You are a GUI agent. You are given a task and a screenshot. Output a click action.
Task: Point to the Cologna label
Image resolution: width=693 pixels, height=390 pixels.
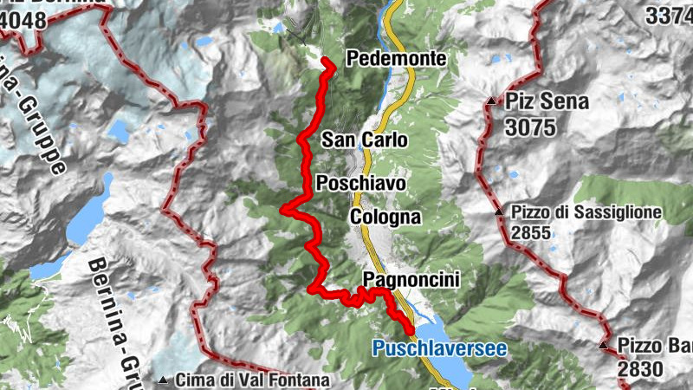pyautogui.click(x=385, y=217)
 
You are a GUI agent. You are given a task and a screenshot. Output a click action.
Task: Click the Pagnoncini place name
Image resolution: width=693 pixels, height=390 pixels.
pyautogui.click(x=411, y=279)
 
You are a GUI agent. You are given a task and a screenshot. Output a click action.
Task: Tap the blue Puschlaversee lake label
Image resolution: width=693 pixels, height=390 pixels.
pyautogui.click(x=439, y=349)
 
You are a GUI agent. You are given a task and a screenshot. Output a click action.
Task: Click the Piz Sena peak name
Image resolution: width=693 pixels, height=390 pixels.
pyautogui.click(x=547, y=101)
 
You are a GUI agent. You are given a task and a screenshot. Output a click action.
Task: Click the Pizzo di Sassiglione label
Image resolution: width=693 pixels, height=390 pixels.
pyautogui.click(x=586, y=211)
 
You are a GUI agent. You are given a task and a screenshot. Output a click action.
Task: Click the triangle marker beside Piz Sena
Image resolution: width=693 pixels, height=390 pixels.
pyautogui.click(x=492, y=102)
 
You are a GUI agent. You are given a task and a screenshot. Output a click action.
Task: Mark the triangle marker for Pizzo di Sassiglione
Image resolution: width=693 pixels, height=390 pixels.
pyautogui.click(x=499, y=212)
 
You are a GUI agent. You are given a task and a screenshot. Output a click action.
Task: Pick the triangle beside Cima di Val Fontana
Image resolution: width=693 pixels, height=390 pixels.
pyautogui.click(x=164, y=380)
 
